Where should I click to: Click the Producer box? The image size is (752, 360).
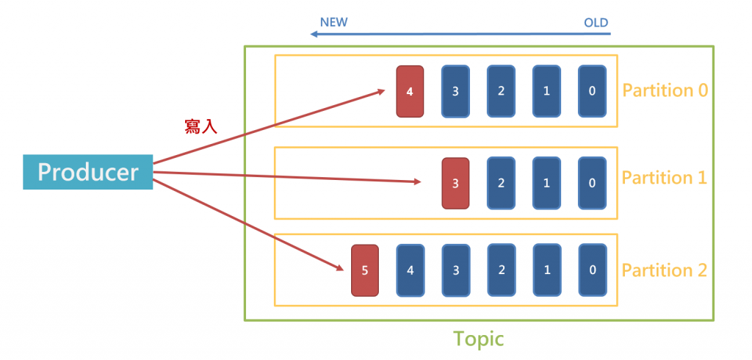coord(87,173)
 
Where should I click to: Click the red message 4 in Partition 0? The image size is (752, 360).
coord(410,91)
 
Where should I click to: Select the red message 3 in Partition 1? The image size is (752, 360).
coord(455,183)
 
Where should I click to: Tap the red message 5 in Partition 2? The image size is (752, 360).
coord(365,270)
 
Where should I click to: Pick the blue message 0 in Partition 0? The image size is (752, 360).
coord(592,91)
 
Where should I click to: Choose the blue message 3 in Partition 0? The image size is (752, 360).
coord(455,91)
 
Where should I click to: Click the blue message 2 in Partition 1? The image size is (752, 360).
coord(501,183)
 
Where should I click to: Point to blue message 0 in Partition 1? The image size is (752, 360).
coord(592,183)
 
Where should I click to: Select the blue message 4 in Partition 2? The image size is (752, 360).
coord(410,270)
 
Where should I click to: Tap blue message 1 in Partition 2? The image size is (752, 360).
coord(546,270)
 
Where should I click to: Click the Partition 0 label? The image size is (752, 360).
coord(665,90)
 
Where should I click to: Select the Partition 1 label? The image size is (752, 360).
coord(665,178)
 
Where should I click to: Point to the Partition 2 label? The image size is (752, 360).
coord(665,270)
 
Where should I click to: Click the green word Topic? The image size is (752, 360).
coord(478,339)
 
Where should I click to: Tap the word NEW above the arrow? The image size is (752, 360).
coord(333,22)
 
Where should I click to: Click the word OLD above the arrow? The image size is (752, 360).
coord(596,23)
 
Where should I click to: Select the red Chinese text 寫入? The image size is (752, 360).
coord(200,126)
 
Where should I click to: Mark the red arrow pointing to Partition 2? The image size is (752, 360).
coord(250,223)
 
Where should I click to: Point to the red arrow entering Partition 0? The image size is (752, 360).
coord(272,126)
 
